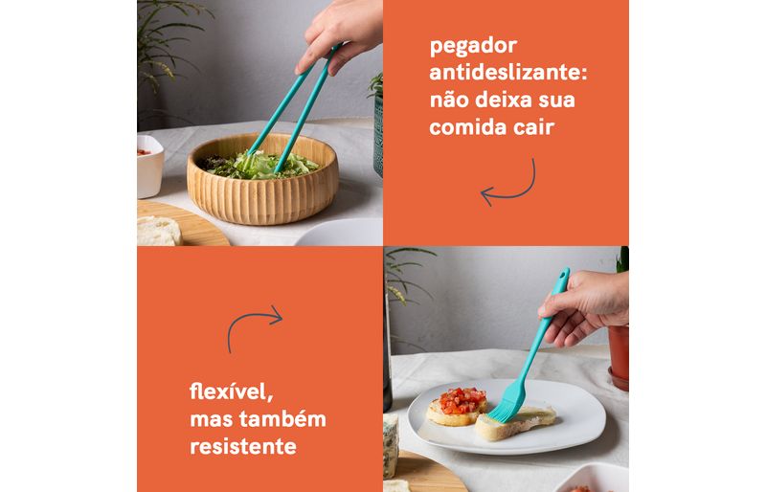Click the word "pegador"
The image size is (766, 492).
click(x=473, y=46)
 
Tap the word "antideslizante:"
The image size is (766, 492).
click(x=508, y=73)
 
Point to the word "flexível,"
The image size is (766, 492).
click(x=231, y=391)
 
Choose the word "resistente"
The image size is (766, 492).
click(x=243, y=446)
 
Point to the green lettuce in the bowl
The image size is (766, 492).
click(x=259, y=165)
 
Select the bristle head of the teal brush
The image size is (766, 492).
click(x=507, y=402)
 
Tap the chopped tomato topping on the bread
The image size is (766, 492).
click(x=462, y=400)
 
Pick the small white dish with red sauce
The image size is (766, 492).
click(x=149, y=167)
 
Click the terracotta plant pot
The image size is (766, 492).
click(x=619, y=357)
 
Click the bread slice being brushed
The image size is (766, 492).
click(x=515, y=421)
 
